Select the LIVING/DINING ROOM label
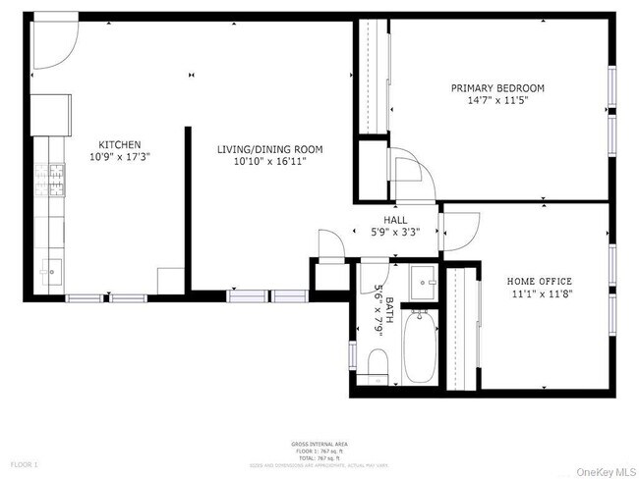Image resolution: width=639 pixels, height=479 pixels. pos(269,149)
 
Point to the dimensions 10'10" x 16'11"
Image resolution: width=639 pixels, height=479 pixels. pos(269,161)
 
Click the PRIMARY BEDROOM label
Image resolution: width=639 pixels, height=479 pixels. pos(496,88)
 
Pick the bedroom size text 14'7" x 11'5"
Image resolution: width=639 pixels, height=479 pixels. pos(496,100)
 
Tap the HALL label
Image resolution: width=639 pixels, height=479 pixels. pos(395,221)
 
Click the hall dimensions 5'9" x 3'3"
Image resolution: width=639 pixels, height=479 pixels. pos(395,233)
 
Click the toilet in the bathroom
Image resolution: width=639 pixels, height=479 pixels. pos(378,365)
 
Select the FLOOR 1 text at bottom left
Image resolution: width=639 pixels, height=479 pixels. pos(24,463)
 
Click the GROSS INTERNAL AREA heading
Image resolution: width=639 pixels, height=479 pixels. pos(318,445)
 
